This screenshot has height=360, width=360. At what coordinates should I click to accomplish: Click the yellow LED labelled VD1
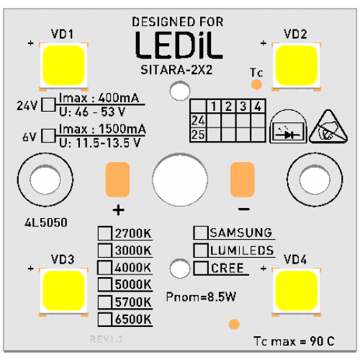[x=63, y=66]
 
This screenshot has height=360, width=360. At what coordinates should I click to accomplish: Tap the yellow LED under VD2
[x=297, y=66]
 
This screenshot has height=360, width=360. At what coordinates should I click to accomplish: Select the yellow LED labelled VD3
[x=63, y=291]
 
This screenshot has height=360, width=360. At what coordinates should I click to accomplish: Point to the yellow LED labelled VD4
[x=297, y=291]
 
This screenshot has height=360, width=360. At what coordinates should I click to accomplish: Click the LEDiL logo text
[x=179, y=45]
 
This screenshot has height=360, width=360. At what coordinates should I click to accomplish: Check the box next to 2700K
[x=105, y=233]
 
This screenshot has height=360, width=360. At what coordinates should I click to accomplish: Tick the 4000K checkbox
[x=104, y=267]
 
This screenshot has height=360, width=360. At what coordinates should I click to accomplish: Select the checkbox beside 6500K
[x=105, y=320]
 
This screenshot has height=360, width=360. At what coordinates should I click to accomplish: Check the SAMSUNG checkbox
[x=201, y=233]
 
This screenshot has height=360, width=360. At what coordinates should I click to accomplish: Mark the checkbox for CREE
[x=201, y=268]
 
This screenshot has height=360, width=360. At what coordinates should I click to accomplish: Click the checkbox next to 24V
[x=48, y=104]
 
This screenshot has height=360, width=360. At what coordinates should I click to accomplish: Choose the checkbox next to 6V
[x=48, y=136]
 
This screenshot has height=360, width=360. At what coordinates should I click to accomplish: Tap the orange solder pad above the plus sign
[x=117, y=179]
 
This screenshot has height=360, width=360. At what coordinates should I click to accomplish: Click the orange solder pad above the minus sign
[x=243, y=179]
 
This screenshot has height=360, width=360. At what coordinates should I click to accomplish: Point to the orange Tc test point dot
[x=256, y=84]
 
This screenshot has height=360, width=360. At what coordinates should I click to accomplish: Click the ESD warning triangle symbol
[x=328, y=128]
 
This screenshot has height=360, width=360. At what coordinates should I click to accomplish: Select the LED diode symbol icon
[x=288, y=127]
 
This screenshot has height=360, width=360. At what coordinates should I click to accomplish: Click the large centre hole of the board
[x=180, y=179]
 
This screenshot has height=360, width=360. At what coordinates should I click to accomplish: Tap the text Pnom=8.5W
[x=201, y=297]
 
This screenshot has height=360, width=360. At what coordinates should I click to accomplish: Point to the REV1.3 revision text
[x=107, y=339]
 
